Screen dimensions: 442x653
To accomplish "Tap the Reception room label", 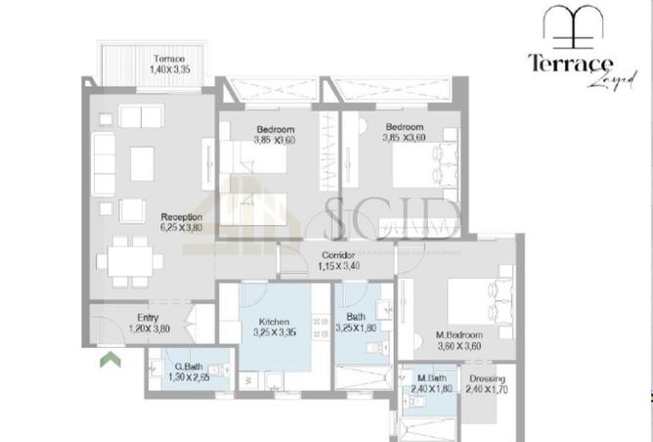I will click(x=181, y=216).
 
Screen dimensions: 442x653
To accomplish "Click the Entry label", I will click(x=148, y=318).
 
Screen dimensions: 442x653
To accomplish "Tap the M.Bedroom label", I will click(x=460, y=333).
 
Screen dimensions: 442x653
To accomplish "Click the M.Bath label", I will click(x=431, y=377).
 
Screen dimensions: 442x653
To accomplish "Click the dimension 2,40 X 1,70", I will click(x=487, y=388).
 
